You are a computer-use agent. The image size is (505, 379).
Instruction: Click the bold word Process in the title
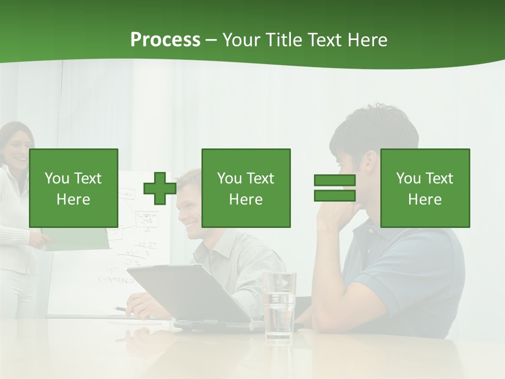pos(165,40)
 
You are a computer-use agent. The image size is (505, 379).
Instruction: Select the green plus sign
pos(160,188)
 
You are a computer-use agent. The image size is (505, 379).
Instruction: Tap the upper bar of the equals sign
pos(335,181)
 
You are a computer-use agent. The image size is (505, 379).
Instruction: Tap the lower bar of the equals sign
pos(335,195)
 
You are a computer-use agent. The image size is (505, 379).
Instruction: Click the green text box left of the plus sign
pos(74,188)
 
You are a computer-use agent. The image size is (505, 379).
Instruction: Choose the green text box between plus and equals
pos(246,188)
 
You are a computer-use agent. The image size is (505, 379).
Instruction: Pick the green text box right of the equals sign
pos(425,188)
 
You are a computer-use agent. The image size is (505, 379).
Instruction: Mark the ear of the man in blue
pos(371,161)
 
